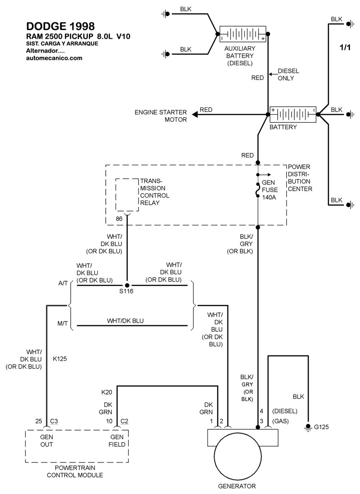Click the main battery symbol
click(292, 115)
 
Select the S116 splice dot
click(127, 285)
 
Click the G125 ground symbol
click(308, 426)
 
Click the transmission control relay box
click(127, 194)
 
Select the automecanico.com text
click(54, 58)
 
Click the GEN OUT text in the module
click(47, 440)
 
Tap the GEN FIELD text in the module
click(117, 440)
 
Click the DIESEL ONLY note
click(288, 75)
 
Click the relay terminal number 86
click(119, 219)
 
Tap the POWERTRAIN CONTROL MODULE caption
click(75, 472)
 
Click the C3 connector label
click(54, 421)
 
